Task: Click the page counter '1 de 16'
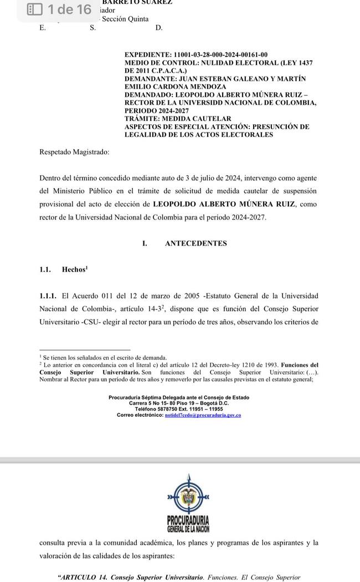(69, 9)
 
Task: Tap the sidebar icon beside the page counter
(35, 9)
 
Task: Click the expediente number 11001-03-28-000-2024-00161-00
(220, 55)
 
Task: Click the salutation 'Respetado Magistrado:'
(74, 151)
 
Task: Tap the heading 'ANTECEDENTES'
(196, 243)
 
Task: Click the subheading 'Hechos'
(74, 269)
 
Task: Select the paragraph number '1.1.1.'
(49, 296)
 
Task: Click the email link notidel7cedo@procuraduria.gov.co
(203, 415)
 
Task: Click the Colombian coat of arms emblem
(188, 498)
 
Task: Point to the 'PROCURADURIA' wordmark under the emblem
(188, 520)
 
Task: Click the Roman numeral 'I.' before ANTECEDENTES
(145, 243)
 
